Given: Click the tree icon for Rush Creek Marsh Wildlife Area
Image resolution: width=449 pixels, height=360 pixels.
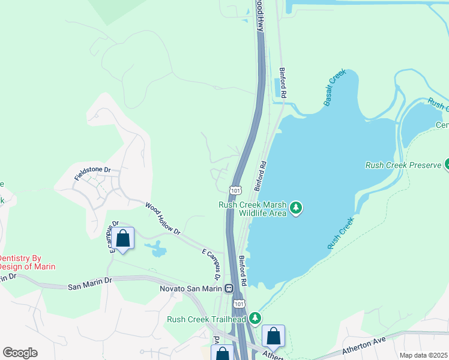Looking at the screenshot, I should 295,208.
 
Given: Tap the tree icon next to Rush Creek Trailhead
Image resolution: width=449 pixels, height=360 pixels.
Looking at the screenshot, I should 256,317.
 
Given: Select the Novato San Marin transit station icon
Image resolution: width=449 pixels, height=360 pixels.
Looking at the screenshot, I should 229,289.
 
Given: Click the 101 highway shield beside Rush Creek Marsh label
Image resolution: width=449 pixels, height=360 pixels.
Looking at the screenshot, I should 235,190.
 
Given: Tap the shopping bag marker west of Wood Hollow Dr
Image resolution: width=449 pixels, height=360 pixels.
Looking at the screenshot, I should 123,239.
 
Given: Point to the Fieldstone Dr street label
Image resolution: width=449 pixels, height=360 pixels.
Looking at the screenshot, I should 93,174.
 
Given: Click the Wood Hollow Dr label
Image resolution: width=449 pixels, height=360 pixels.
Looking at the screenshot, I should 163,218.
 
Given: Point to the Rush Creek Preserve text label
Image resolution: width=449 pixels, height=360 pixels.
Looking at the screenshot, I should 403,165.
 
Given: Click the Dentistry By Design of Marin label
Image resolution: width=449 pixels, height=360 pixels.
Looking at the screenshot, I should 27,262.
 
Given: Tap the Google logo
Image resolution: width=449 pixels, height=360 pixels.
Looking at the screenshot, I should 20,353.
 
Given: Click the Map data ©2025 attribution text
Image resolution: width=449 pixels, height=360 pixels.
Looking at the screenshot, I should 423,355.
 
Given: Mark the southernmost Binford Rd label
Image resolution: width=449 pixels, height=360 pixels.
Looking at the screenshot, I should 243,270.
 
